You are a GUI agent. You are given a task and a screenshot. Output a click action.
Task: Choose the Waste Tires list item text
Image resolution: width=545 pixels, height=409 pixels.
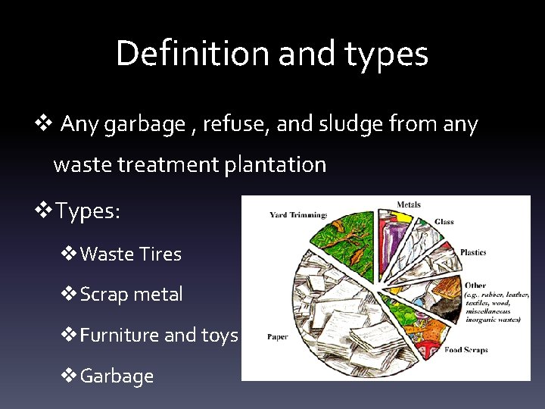[x=130, y=254]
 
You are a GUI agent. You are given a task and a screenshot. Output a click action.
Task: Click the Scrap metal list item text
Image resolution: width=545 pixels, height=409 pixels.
[x=131, y=295]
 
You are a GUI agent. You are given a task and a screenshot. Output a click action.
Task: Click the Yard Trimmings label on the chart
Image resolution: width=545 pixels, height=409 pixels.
[x=297, y=215]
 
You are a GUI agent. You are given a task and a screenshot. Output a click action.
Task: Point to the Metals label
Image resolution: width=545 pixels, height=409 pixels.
[x=409, y=204]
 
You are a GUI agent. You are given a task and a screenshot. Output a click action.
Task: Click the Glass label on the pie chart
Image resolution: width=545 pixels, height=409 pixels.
[x=444, y=222]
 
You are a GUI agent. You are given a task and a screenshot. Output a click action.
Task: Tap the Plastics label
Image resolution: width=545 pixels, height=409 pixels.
[x=473, y=252]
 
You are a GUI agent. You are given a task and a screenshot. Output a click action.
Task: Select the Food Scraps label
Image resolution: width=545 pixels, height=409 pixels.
[x=466, y=350]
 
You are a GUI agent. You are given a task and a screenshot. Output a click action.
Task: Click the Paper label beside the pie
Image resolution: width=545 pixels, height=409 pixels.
[x=277, y=337]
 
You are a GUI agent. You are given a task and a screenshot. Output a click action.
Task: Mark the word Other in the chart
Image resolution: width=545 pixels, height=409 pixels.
[x=476, y=286]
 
